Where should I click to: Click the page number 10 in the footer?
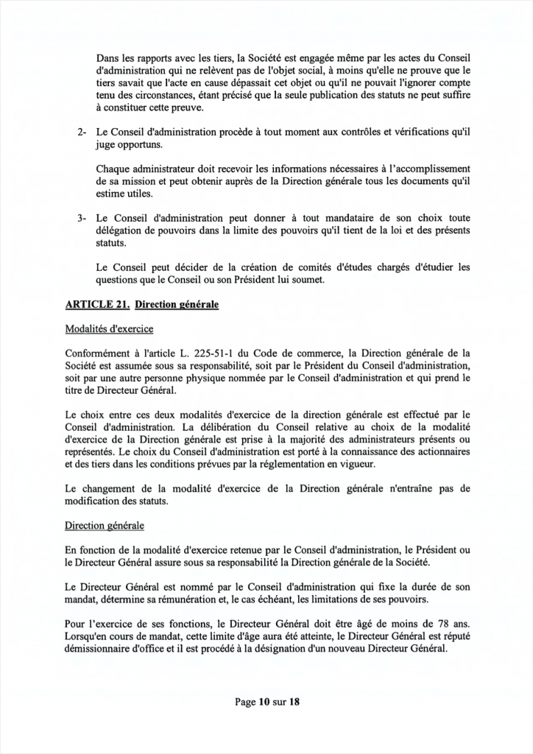tap(263, 702)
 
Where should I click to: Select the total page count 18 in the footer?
tap(294, 702)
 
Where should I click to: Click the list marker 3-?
tap(82, 219)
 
